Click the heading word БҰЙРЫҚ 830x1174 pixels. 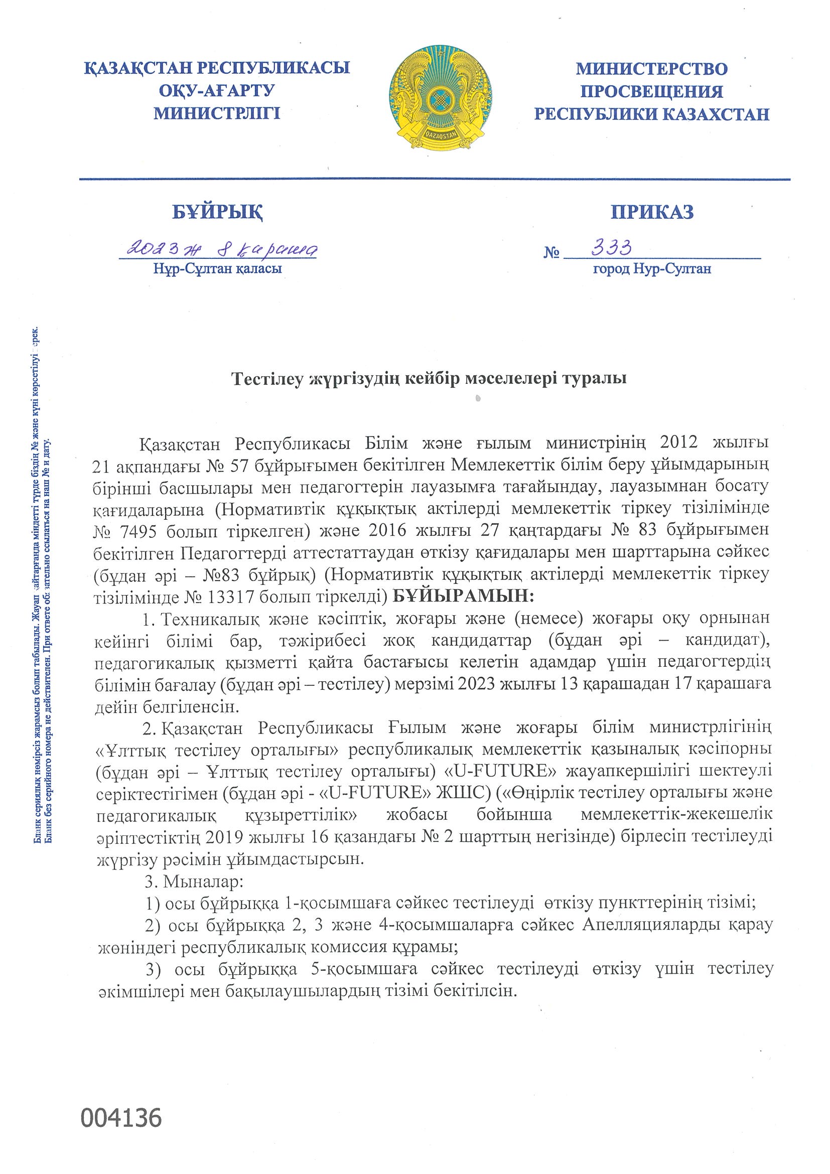point(217,212)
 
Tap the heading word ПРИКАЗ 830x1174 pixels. point(652,212)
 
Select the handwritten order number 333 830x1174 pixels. point(612,248)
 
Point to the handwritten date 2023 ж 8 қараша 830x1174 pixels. point(217,249)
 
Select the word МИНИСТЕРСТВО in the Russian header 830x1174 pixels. point(651,69)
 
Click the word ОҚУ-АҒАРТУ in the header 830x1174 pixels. point(217,90)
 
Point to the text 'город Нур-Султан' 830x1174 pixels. point(651,269)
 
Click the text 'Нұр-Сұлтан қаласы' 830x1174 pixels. point(217,269)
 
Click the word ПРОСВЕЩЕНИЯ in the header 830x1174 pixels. point(651,91)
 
